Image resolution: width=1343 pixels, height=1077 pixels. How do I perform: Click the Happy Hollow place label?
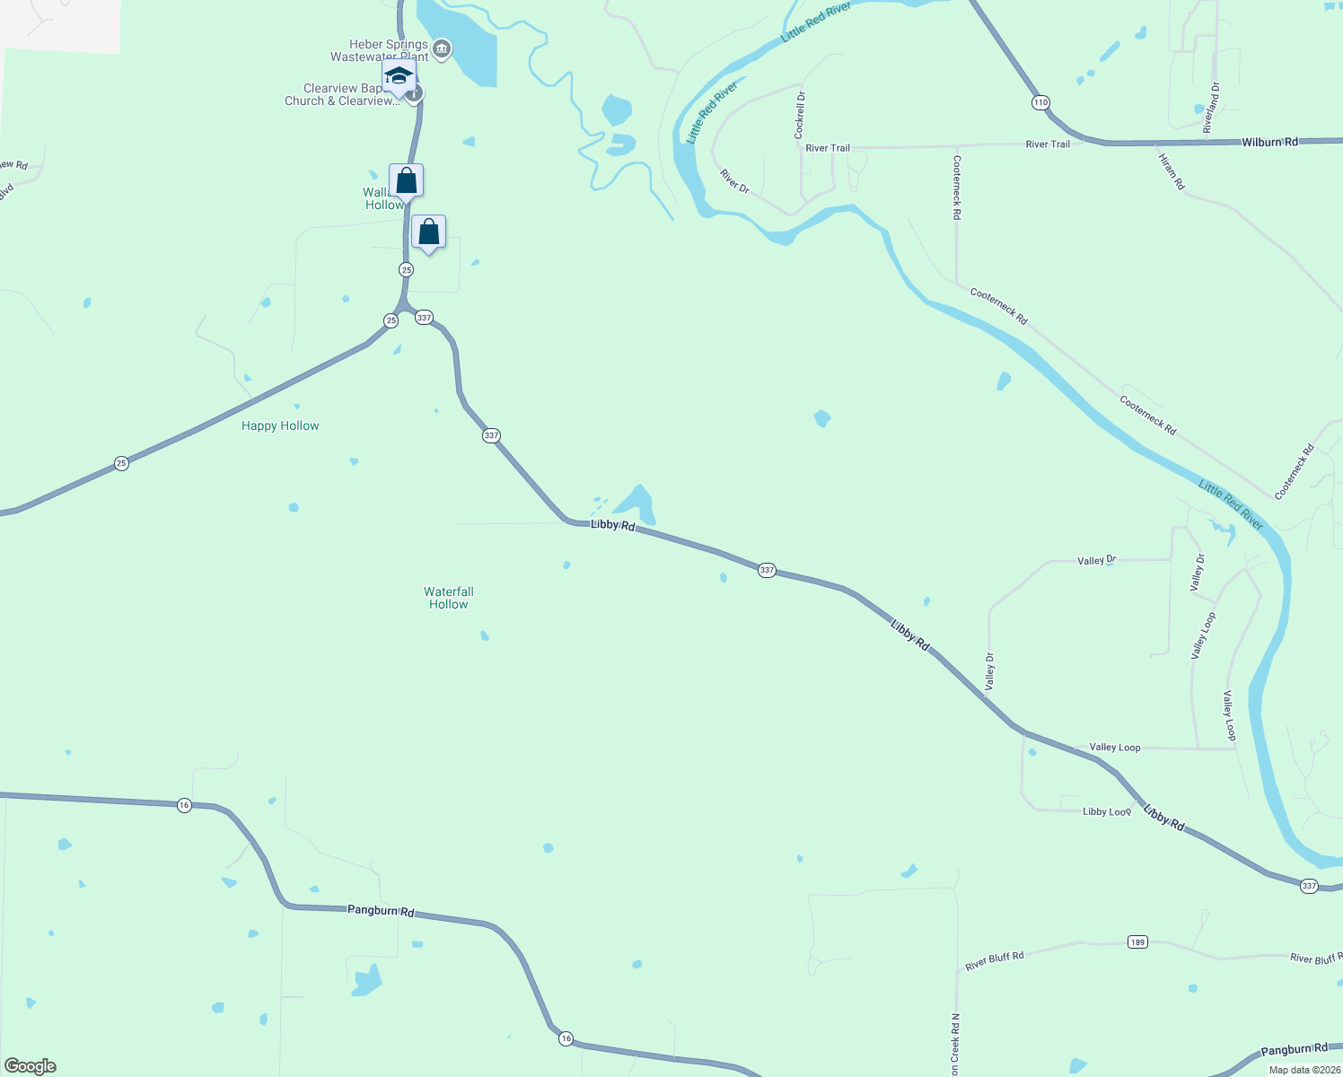280,426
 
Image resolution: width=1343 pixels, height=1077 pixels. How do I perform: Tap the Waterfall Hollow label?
449,598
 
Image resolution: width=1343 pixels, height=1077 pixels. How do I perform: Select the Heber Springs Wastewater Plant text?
379,50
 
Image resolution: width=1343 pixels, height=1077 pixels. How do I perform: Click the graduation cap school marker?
399,76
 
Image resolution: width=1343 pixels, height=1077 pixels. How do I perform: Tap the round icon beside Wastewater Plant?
442,49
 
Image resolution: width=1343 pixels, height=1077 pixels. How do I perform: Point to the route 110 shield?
1040,102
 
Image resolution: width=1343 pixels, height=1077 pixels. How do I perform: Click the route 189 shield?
1137,942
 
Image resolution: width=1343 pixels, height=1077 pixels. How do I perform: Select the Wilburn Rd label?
1269,142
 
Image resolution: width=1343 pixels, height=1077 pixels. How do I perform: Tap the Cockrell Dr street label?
800,114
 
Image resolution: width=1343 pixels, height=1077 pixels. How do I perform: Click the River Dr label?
734,180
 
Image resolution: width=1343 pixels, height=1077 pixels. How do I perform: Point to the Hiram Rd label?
1172,171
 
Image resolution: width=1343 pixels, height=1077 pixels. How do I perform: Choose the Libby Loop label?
1106,811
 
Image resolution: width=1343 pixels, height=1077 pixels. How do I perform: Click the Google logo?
31,1066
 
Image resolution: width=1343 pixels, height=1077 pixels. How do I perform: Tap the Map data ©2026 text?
1304,1070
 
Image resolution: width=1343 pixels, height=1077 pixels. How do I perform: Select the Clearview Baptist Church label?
341,94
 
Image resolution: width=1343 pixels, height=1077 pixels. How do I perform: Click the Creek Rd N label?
956,1045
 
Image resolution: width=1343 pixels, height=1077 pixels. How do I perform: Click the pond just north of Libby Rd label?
638,503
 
